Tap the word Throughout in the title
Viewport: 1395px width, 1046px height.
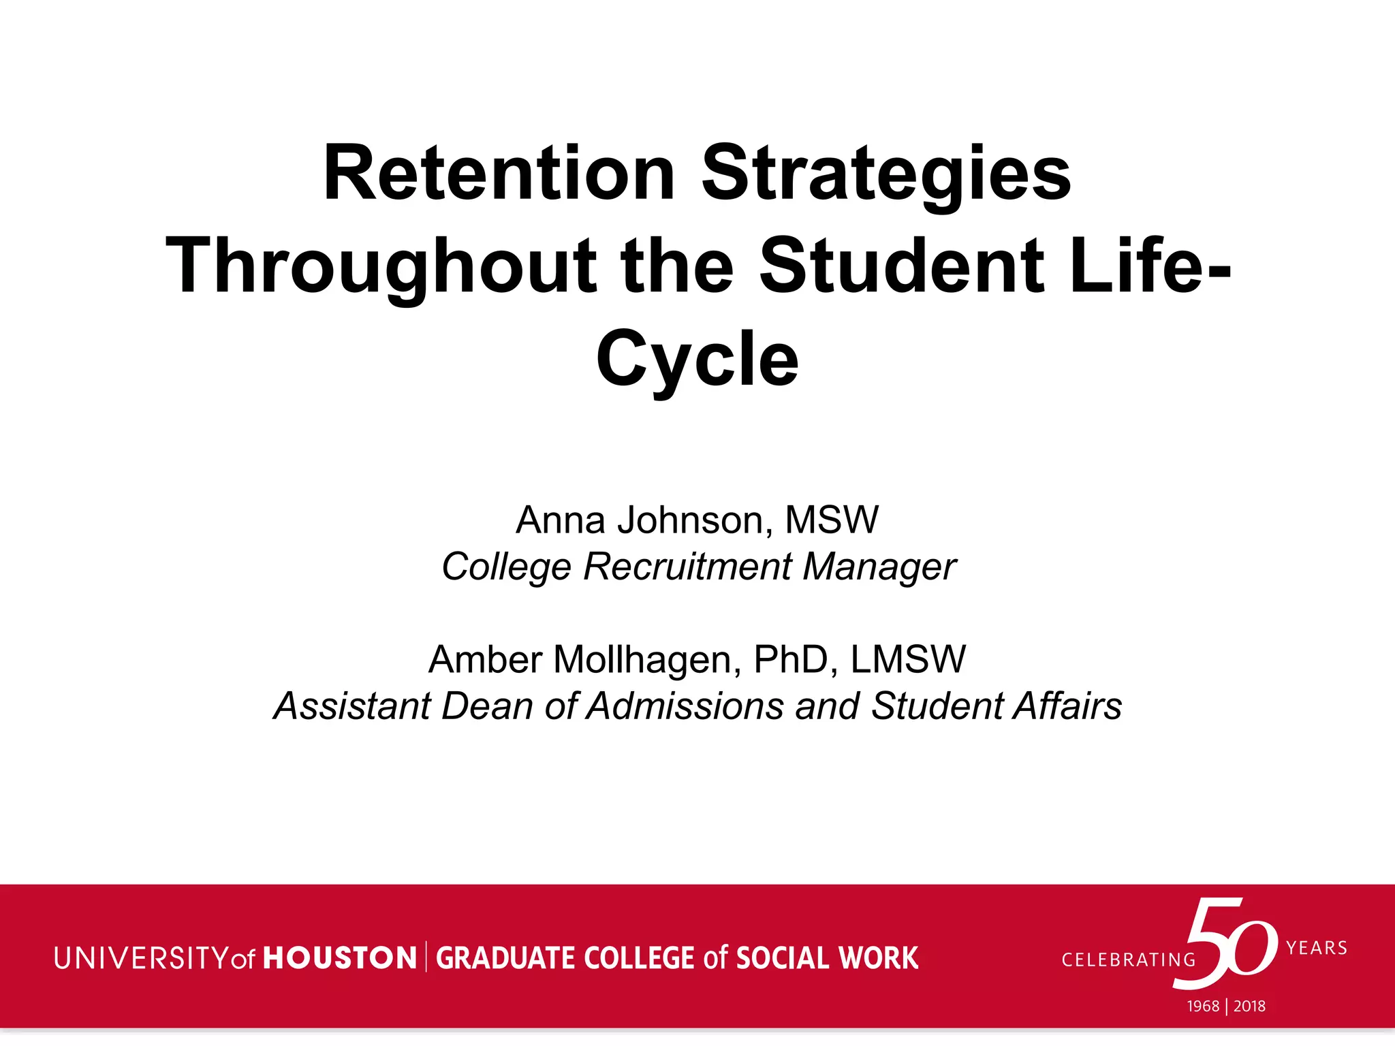coord(381,267)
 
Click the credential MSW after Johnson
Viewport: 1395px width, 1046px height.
coord(832,520)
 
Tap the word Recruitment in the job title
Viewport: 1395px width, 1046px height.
coord(687,567)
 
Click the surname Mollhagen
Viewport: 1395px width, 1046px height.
coord(642,659)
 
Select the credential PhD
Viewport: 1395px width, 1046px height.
coord(790,659)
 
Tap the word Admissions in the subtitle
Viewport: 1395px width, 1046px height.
coord(685,706)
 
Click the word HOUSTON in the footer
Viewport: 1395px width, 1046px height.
coord(340,958)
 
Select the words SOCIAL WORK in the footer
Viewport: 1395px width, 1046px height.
coord(827,958)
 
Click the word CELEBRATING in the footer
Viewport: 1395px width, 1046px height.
coord(1129,960)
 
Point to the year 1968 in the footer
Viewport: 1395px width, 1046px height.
coord(1203,1007)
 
